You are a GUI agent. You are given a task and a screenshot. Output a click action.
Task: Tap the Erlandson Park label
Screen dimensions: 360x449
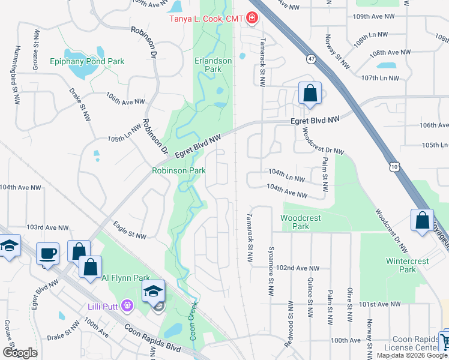click(208, 65)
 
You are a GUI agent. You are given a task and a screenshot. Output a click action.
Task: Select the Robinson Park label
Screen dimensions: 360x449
click(178, 170)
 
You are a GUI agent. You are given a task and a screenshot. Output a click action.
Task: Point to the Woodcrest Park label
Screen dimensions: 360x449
click(295, 222)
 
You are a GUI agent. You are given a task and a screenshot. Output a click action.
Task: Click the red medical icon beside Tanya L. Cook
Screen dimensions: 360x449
click(251, 19)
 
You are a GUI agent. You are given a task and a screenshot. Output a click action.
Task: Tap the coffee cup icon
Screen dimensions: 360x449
click(47, 253)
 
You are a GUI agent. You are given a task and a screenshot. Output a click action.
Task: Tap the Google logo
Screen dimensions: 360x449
click(20, 352)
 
